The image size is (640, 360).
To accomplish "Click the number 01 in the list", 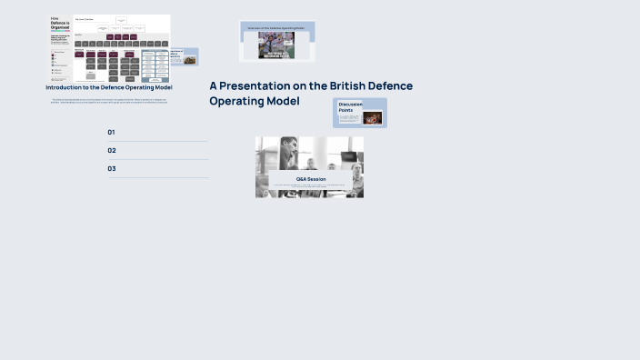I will click(112, 133).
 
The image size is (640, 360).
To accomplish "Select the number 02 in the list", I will click(112, 151).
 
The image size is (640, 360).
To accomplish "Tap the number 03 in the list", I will click(112, 169).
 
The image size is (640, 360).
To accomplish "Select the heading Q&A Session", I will click(311, 179).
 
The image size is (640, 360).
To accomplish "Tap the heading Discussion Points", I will click(350, 107).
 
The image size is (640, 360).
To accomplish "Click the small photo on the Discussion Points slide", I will click(373, 117).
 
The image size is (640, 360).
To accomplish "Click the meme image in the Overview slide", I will click(276, 46).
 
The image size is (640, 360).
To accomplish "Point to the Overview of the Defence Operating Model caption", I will click(276, 28).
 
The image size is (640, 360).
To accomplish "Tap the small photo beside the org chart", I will click(189, 60).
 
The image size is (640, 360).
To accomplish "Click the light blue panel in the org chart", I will click(155, 66).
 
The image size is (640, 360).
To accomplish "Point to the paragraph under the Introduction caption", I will click(109, 101).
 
